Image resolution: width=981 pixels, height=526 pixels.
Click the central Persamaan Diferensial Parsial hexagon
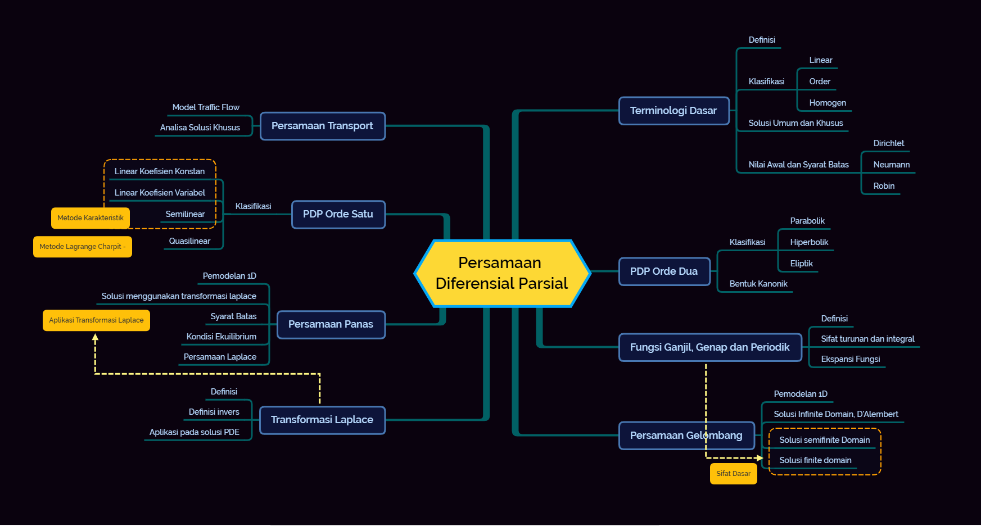(x=502, y=273)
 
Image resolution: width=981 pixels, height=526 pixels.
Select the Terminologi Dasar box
(x=673, y=111)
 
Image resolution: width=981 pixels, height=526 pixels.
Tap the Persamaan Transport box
(x=322, y=126)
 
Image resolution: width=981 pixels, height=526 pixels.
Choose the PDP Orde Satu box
(x=338, y=214)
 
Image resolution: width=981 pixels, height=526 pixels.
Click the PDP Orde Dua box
(x=664, y=271)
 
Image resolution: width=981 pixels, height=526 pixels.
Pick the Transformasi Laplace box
(x=322, y=420)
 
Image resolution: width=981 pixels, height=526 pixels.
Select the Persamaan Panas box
(x=331, y=324)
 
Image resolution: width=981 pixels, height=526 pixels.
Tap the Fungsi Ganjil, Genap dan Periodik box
(x=709, y=347)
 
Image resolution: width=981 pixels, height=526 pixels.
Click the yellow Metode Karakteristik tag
(x=91, y=218)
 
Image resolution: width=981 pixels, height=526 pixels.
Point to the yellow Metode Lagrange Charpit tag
(x=83, y=247)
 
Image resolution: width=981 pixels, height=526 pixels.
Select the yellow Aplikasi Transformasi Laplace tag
(x=96, y=320)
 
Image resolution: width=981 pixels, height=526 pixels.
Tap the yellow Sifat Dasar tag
(x=733, y=474)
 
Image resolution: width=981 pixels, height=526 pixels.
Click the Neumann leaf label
(x=891, y=165)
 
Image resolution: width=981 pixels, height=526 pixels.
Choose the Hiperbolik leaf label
(x=809, y=242)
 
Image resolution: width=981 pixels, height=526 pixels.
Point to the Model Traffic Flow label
(x=206, y=107)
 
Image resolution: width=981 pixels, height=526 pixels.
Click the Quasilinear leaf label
(x=189, y=241)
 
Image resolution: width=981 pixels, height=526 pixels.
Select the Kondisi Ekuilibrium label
(x=221, y=337)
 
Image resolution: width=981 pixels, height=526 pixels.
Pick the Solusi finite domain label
(x=815, y=460)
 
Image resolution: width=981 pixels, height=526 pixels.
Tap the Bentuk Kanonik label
(x=758, y=284)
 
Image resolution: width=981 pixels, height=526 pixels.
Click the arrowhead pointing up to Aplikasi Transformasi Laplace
(x=96, y=338)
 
